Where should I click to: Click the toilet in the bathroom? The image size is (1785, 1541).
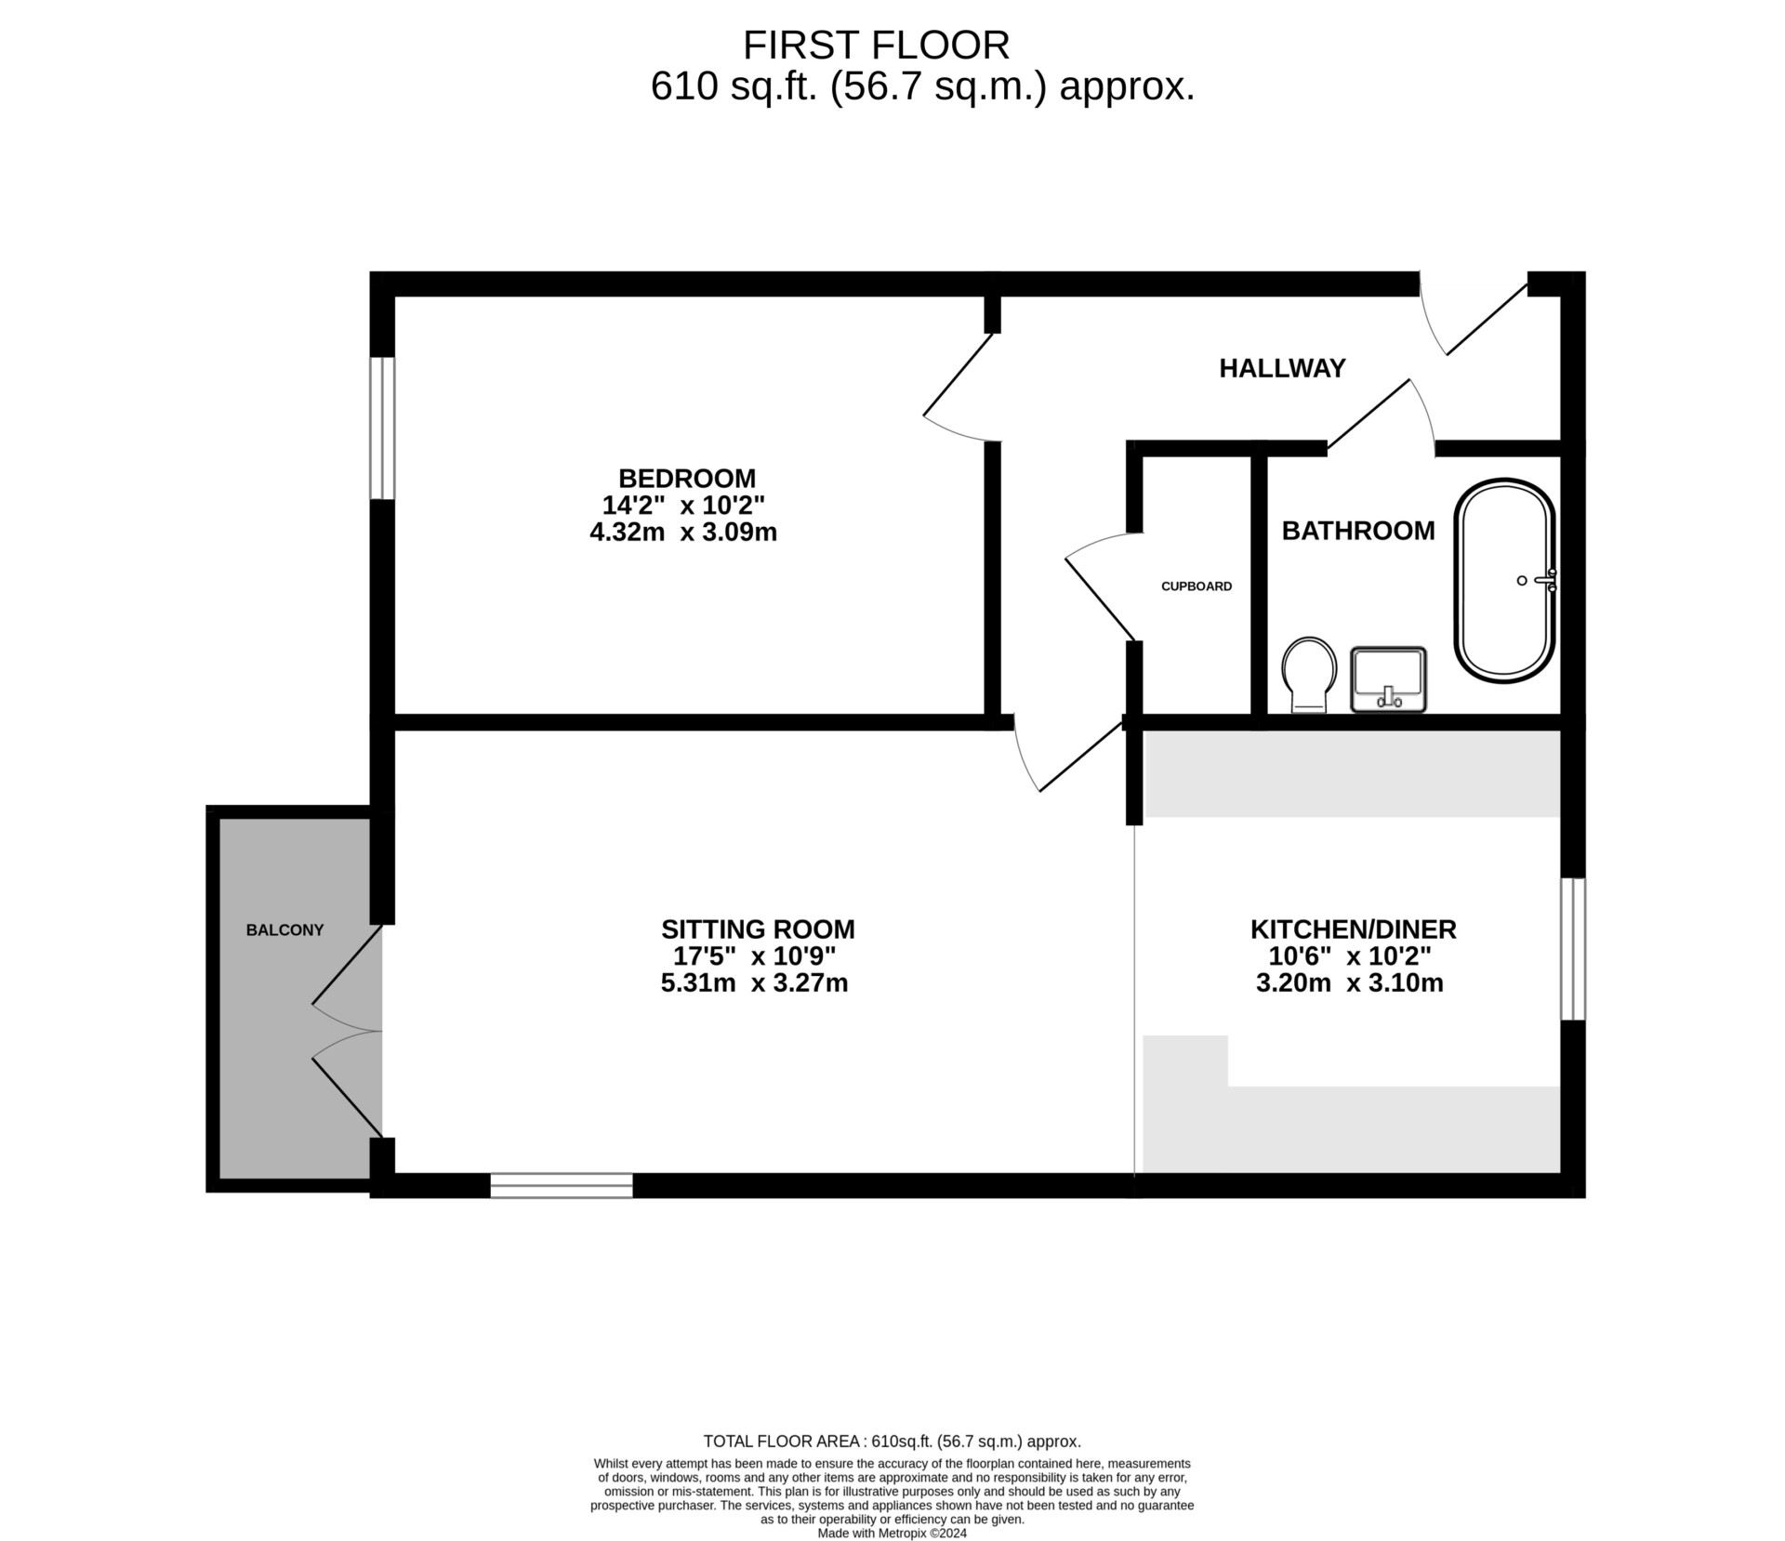[1309, 675]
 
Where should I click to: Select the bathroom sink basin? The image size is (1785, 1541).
[1388, 679]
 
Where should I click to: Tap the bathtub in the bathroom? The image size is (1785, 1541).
[1504, 581]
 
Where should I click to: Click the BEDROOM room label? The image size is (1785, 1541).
[687, 479]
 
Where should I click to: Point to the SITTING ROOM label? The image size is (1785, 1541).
[758, 929]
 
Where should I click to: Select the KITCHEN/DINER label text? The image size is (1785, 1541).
[1353, 929]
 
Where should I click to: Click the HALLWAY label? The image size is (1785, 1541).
[1282, 368]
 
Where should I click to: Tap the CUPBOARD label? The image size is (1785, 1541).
[1197, 586]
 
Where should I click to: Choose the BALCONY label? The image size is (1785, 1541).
[284, 930]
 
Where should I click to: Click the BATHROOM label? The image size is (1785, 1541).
[1358, 531]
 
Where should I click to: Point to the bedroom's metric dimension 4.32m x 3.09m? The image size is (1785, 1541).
[683, 533]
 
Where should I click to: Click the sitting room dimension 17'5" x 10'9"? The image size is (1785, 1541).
[755, 956]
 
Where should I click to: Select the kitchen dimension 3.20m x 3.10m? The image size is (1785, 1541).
[1350, 983]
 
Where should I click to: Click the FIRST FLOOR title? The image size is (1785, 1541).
[876, 46]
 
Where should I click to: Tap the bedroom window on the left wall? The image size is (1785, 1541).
[382, 428]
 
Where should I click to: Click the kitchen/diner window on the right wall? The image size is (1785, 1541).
[1573, 949]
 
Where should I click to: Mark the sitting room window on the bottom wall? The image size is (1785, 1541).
[562, 1185]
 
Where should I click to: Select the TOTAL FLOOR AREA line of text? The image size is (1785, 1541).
[892, 1442]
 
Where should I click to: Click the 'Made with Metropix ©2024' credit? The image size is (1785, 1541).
[892, 1534]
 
